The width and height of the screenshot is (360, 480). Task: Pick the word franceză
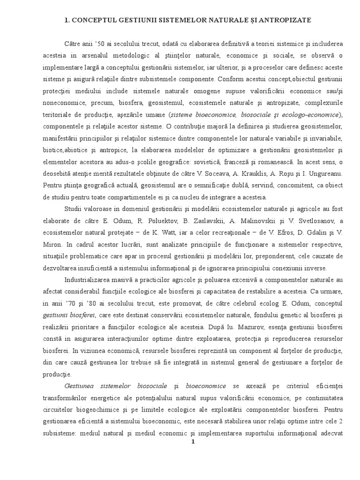click(232, 163)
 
